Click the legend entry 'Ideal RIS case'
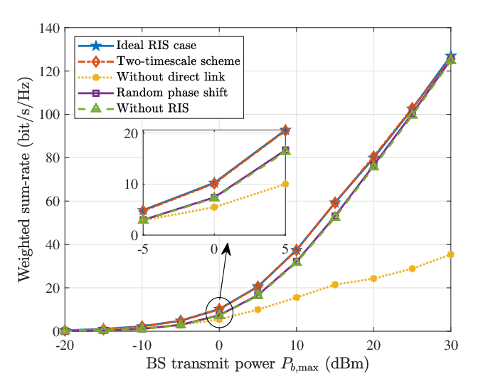click(x=157, y=45)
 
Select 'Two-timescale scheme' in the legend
click(x=179, y=61)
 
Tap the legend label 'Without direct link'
click(x=171, y=77)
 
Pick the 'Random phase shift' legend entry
click(x=172, y=93)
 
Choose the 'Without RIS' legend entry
click(x=153, y=108)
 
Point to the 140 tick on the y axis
click(x=50, y=28)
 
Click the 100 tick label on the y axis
click(x=50, y=115)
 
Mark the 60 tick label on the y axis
click(x=53, y=202)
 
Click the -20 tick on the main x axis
click(x=65, y=346)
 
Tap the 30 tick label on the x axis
click(x=451, y=346)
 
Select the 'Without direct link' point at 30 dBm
click(x=450, y=254)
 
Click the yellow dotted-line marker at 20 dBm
click(x=373, y=279)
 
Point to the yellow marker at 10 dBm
click(x=297, y=297)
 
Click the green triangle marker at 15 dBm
click(x=335, y=217)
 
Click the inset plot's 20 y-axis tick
click(x=131, y=133)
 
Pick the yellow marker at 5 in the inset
click(x=285, y=184)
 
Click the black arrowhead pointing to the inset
click(x=227, y=249)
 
